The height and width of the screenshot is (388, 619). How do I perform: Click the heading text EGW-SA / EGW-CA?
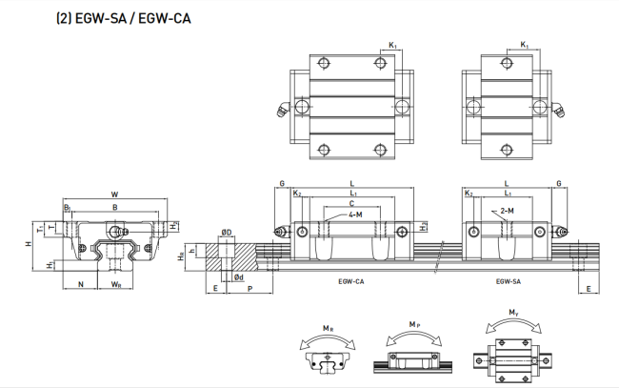pyautogui.click(x=133, y=18)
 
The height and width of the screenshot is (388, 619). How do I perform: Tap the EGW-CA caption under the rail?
pyautogui.click(x=351, y=282)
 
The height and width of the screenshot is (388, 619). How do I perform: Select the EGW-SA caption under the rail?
pyautogui.click(x=509, y=282)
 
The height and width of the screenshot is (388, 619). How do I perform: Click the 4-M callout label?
pyautogui.click(x=355, y=214)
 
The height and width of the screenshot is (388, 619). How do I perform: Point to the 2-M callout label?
pyautogui.click(x=507, y=211)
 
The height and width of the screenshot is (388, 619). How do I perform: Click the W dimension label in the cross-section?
pyautogui.click(x=114, y=194)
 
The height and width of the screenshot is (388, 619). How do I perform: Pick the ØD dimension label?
pyautogui.click(x=227, y=232)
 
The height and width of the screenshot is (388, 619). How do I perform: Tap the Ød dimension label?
pyautogui.click(x=238, y=277)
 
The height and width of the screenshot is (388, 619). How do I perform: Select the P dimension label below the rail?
pyautogui.click(x=250, y=289)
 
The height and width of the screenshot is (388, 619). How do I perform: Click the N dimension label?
pyautogui.click(x=81, y=284)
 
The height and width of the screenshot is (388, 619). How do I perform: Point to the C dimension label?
pyautogui.click(x=351, y=203)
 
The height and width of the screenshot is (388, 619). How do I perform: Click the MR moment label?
pyautogui.click(x=328, y=328)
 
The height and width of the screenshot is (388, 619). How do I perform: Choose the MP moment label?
pyautogui.click(x=414, y=325)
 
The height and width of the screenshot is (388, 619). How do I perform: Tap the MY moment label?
pyautogui.click(x=513, y=313)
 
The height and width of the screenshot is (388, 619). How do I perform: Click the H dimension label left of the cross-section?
pyautogui.click(x=29, y=244)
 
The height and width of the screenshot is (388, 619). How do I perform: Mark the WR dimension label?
pyautogui.click(x=115, y=284)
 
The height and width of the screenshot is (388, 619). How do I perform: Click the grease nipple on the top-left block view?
pyautogui.click(x=283, y=109)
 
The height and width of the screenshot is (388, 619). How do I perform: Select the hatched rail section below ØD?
pyautogui.click(x=231, y=257)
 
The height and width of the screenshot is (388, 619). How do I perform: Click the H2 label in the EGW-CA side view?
pyautogui.click(x=423, y=227)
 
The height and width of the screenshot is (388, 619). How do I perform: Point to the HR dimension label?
pyautogui.click(x=181, y=256)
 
